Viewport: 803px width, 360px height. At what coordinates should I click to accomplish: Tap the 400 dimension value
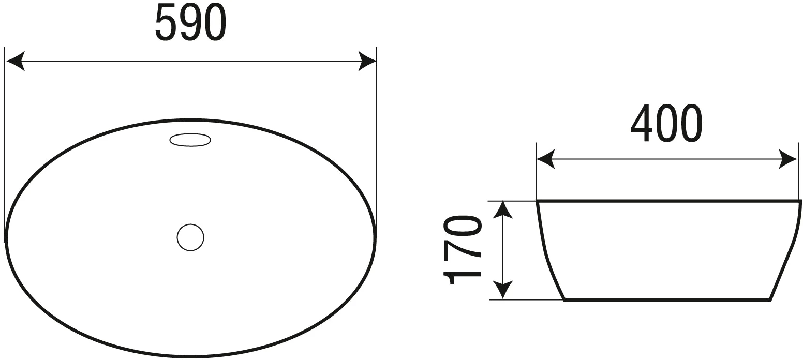666,123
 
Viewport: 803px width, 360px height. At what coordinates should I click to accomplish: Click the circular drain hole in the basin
190,237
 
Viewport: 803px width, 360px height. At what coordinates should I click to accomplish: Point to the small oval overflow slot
190,140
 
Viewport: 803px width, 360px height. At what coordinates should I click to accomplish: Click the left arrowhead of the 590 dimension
15,61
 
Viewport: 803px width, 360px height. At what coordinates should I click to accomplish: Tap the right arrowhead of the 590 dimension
367,61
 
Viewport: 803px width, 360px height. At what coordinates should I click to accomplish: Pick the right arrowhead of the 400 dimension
789,159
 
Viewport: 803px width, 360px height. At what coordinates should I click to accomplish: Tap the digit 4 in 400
642,124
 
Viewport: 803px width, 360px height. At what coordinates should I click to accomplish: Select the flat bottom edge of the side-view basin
668,299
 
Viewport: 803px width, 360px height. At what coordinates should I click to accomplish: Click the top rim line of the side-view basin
669,201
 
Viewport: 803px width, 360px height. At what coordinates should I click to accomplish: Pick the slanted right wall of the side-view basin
786,251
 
